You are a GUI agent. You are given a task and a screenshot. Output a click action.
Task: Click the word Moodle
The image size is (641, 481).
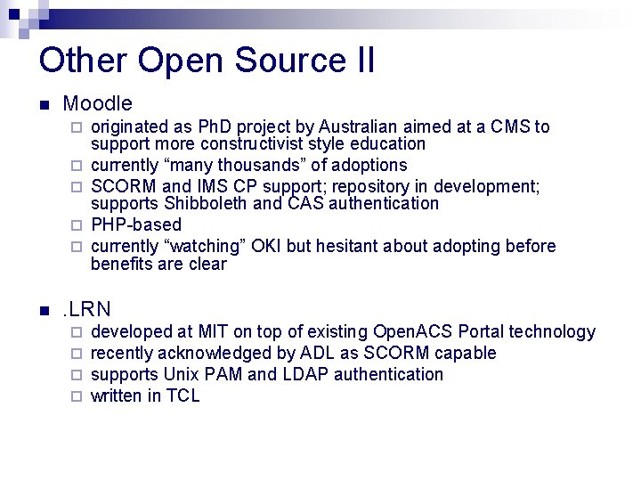98,104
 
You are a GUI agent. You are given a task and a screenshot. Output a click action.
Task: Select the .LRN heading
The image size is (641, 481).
85,310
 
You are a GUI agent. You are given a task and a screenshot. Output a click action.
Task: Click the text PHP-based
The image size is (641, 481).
136,224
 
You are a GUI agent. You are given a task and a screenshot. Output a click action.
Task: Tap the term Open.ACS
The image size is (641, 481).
413,331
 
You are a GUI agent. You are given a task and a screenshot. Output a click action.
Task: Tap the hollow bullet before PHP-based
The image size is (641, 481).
77,224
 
